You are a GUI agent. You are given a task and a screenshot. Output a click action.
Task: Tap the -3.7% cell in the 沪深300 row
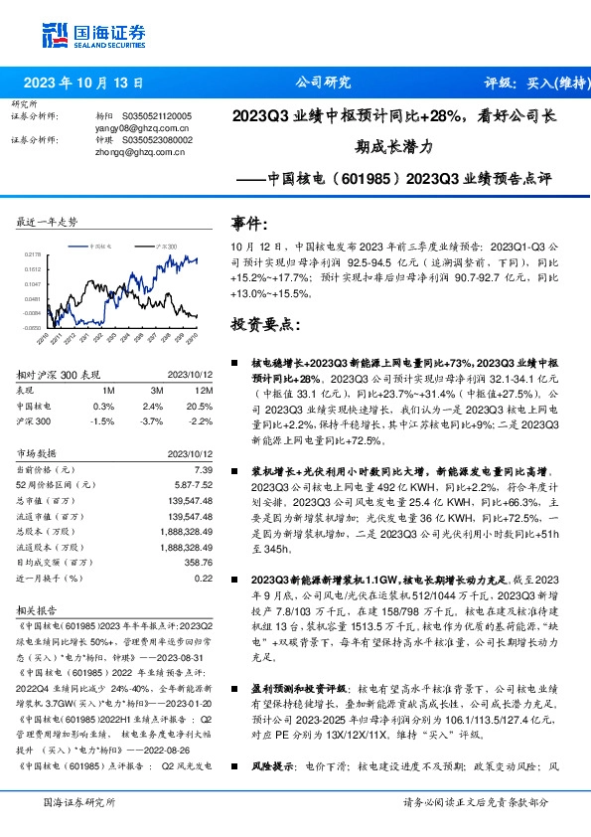tap(152, 420)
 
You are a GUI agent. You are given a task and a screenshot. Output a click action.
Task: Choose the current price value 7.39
tap(203, 468)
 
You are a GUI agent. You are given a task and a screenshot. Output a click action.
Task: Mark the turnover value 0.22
tap(204, 578)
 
